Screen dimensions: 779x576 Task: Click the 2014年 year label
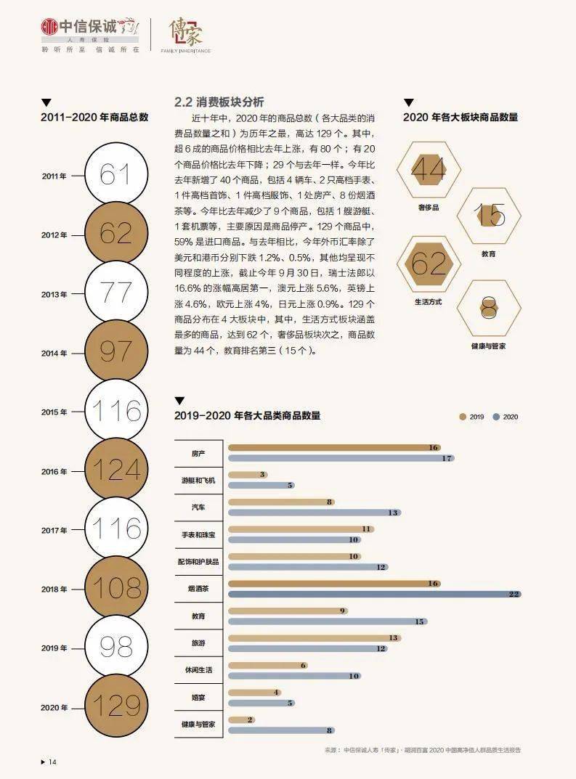[x=54, y=353]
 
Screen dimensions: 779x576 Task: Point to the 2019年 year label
[x=54, y=648]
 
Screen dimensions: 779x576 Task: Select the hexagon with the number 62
[x=429, y=264]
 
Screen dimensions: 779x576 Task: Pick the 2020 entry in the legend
[x=506, y=417]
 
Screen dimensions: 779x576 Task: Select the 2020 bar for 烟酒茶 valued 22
[x=374, y=594]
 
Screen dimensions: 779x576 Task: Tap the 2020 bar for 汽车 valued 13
[x=314, y=513]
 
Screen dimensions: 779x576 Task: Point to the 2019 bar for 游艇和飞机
[x=248, y=475]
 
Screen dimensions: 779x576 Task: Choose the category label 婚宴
[x=198, y=697]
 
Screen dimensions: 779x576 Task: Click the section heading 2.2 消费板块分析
[x=219, y=102]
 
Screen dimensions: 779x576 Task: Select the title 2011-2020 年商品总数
[x=94, y=117]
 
